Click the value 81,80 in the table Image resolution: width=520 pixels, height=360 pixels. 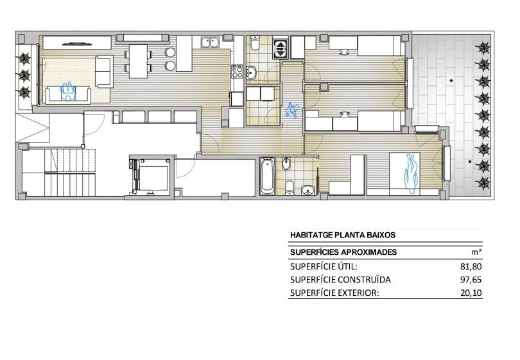(471, 266)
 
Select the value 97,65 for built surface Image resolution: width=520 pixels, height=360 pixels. (471, 280)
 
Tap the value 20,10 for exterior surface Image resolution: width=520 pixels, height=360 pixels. (471, 293)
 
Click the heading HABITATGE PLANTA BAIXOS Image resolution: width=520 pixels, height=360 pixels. (343, 236)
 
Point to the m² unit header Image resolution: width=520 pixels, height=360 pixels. (476, 252)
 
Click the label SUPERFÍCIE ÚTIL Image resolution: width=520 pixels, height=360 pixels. (324, 266)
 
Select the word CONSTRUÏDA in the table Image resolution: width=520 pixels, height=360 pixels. (365, 280)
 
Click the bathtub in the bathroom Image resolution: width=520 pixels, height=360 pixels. (267, 176)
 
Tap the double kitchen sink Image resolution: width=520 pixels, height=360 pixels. (209, 42)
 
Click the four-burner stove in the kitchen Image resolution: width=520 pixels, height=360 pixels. (237, 72)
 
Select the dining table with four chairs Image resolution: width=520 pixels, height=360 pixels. (138, 62)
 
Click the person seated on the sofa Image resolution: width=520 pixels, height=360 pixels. (68, 92)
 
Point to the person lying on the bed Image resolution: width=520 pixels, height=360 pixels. (412, 173)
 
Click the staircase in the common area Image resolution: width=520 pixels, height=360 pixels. (70, 173)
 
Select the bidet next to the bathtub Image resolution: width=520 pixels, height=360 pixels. (286, 164)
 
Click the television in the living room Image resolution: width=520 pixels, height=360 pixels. (76, 44)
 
